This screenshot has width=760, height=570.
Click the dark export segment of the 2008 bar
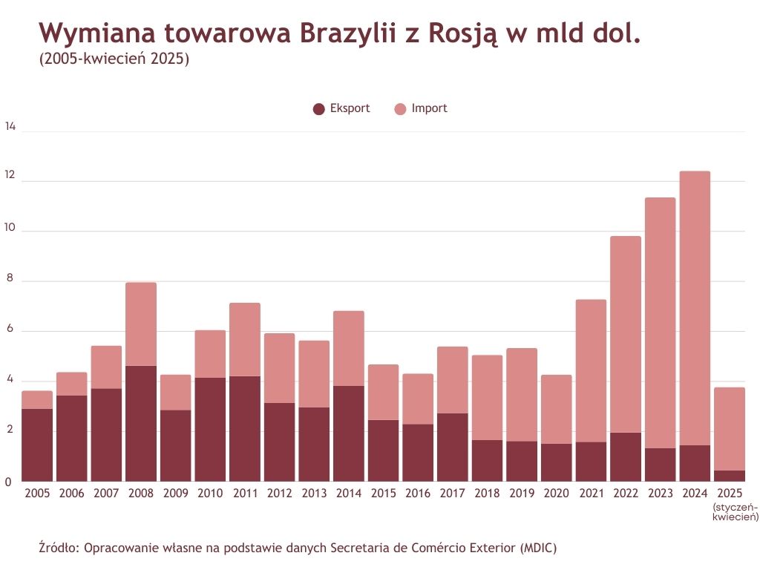click(141, 423)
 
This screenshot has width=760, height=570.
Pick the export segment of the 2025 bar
click(730, 476)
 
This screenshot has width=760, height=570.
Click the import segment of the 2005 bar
click(37, 399)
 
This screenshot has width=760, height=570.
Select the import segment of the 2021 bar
click(592, 371)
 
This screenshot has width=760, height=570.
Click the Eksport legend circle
click(319, 109)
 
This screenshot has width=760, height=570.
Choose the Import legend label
click(429, 108)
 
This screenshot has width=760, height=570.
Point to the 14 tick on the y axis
click(10, 127)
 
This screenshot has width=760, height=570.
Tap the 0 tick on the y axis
click(9, 482)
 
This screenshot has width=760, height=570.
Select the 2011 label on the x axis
click(245, 494)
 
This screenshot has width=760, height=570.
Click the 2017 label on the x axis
click(453, 494)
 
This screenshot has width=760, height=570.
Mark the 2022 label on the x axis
click(626, 494)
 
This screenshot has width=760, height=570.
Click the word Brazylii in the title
click(347, 33)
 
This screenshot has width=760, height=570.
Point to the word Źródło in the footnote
click(59, 548)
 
